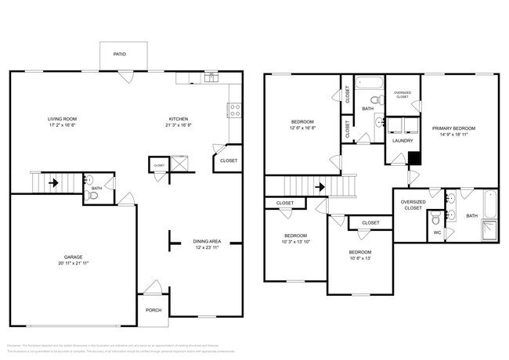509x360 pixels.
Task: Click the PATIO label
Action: point(119,55)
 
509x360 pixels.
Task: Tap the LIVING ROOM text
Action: point(63,119)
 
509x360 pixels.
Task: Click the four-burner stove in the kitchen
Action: point(233,110)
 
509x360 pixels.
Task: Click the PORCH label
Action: point(153,310)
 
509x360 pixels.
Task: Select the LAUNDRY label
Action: point(402,142)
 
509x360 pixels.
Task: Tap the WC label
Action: point(438,232)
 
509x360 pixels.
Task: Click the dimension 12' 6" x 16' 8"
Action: point(303,128)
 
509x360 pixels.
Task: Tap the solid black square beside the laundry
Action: point(415,158)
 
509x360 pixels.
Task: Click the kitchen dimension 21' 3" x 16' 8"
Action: point(179,125)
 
